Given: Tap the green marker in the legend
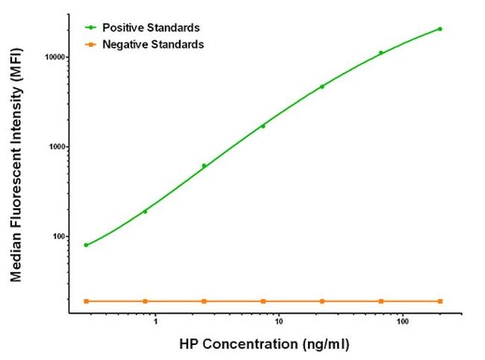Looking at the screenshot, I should click(x=90, y=28).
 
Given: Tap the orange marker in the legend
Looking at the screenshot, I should click(x=90, y=45).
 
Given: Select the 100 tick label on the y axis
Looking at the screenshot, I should click(x=58, y=237).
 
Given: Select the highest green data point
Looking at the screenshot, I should click(x=440, y=29).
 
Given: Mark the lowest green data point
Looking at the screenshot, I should click(x=87, y=245).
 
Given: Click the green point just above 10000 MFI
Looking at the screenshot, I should click(x=381, y=52).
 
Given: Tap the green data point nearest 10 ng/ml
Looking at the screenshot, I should click(x=263, y=126).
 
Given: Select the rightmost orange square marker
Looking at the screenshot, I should click(x=440, y=301).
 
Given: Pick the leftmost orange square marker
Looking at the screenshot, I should click(x=87, y=301).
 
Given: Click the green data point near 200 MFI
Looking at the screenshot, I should click(x=145, y=211).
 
